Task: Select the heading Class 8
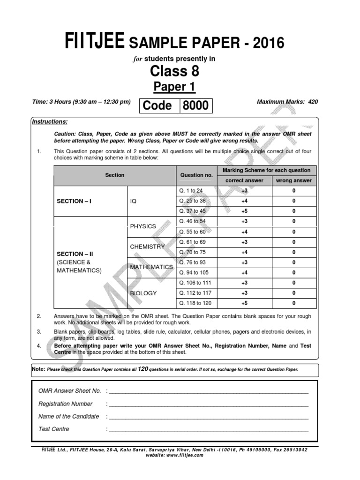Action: (174, 71)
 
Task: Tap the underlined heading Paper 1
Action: (174, 87)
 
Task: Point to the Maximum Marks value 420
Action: (313, 101)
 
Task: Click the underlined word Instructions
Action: (50, 122)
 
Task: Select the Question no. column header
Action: (196, 175)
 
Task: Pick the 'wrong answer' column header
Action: (293, 180)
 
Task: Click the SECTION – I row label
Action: (74, 201)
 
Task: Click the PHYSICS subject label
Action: (143, 226)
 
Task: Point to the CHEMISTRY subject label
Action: (147, 247)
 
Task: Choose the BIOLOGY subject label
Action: (143, 293)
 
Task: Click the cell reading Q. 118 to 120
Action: (195, 303)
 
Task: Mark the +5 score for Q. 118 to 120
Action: (245, 303)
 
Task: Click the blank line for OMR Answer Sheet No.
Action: (209, 391)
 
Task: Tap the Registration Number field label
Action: (66, 404)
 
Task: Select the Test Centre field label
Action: (54, 429)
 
